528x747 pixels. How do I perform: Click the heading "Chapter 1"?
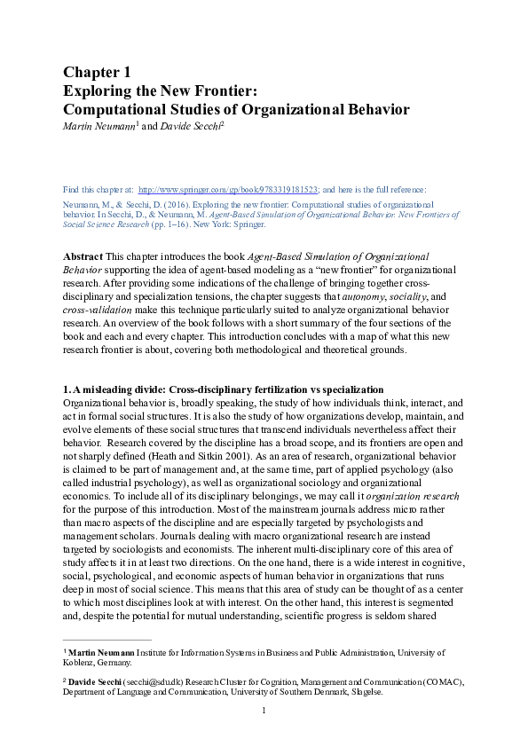pos(97,72)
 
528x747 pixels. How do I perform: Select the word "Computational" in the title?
pos(118,109)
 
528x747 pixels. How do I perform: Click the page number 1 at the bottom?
pos(264,712)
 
